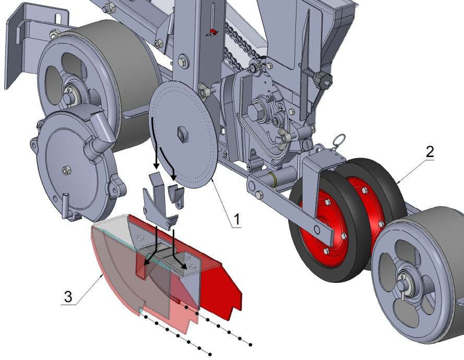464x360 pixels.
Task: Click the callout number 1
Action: (237, 220)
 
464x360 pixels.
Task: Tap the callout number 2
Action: (430, 152)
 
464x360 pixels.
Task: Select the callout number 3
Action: (68, 296)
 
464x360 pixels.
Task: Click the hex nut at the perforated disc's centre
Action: (182, 134)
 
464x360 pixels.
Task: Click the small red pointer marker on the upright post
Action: (213, 32)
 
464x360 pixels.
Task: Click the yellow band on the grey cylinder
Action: (273, 180)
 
